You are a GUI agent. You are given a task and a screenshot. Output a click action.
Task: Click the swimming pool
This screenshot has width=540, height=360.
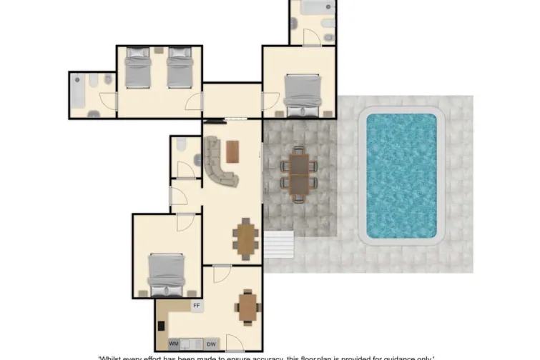401,176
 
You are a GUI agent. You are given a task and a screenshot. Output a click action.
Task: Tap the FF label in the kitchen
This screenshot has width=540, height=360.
196,306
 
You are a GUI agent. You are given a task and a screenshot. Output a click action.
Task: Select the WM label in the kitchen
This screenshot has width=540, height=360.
174,344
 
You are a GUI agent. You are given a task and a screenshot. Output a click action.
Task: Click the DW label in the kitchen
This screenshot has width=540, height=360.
210,344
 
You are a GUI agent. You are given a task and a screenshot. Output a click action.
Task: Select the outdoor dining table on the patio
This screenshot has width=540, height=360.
298,172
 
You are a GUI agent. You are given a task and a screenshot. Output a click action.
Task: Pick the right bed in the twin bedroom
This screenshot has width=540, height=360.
180,69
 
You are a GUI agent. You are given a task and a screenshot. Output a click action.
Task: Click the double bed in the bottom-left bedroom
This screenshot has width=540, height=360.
167,274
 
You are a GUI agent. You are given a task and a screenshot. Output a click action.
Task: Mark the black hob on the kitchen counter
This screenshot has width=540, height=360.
161,326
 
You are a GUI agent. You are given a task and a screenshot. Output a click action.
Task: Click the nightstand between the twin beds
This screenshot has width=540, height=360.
159,51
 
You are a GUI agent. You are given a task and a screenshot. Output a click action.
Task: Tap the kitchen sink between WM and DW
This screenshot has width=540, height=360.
191,344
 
